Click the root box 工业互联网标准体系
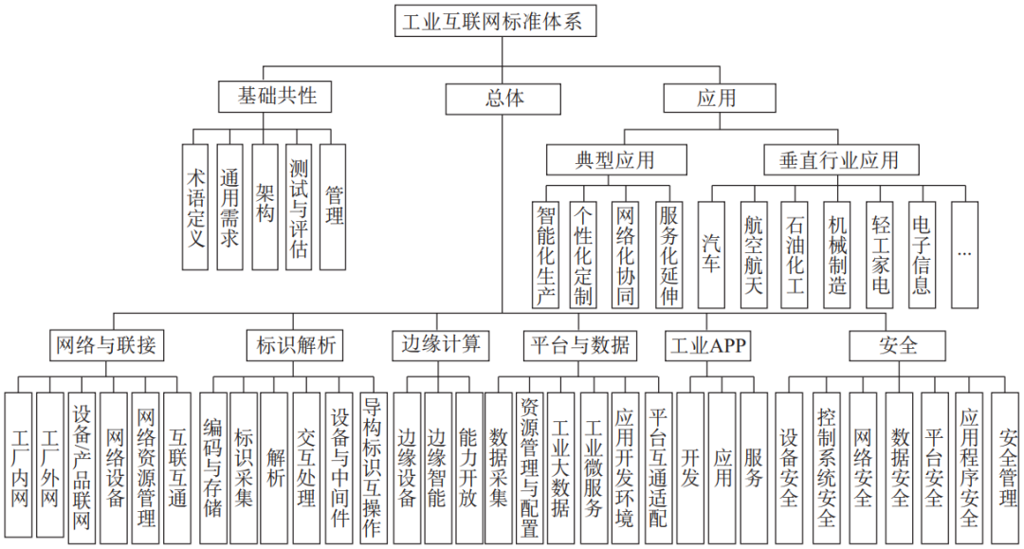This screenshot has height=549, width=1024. pos(496,21)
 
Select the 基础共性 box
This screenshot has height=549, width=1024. pos(277,97)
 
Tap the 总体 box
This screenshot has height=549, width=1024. pos(503,98)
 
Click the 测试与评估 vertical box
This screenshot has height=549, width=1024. pos(299,207)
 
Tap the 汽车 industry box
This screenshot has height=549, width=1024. pos(711,254)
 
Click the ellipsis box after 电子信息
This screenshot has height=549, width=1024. pos(964,254)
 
